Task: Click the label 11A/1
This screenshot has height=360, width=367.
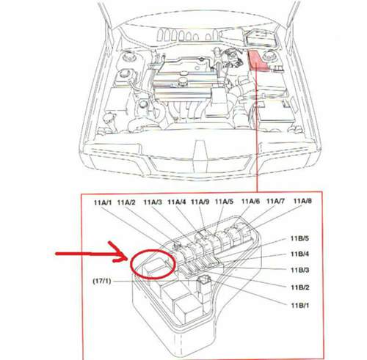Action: click(103, 202)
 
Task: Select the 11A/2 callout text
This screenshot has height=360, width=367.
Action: click(126, 202)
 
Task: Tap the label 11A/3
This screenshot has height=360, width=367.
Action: click(153, 202)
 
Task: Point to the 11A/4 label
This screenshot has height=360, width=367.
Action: click(177, 202)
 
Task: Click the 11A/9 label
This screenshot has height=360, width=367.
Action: click(200, 202)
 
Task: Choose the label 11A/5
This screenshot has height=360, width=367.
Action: click(224, 202)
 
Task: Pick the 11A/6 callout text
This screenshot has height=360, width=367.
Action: click(250, 202)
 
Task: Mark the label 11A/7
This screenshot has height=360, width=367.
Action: click(275, 202)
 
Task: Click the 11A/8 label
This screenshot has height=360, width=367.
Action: click(302, 201)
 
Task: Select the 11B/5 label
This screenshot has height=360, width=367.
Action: click(299, 238)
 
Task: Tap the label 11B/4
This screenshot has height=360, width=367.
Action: click(299, 254)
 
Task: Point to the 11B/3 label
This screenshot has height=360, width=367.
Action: click(299, 270)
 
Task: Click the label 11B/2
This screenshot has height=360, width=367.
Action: click(300, 287)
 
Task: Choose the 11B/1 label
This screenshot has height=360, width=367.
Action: click(300, 305)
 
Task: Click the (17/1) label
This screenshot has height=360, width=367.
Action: click(102, 281)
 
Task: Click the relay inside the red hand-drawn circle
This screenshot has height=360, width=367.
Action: click(155, 266)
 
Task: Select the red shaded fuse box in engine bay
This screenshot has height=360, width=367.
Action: click(256, 60)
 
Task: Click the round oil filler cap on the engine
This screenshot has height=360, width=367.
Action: click(182, 80)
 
